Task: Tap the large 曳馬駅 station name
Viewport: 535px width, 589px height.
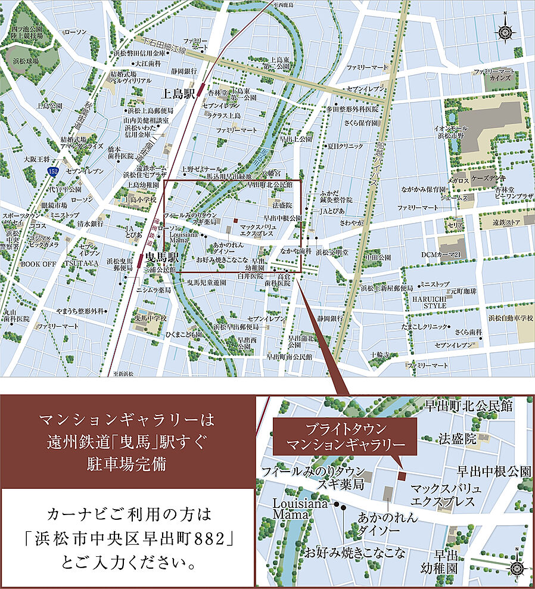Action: click(x=163, y=258)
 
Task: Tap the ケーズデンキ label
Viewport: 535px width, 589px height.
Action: click(x=472, y=179)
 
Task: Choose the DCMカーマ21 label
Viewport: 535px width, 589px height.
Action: click(x=441, y=255)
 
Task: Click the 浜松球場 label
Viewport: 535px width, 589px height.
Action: click(x=22, y=61)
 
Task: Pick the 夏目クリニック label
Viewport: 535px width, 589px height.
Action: click(x=346, y=145)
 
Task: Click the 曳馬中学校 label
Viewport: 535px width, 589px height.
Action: click(x=151, y=318)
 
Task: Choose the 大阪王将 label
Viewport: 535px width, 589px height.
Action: click(x=36, y=159)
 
